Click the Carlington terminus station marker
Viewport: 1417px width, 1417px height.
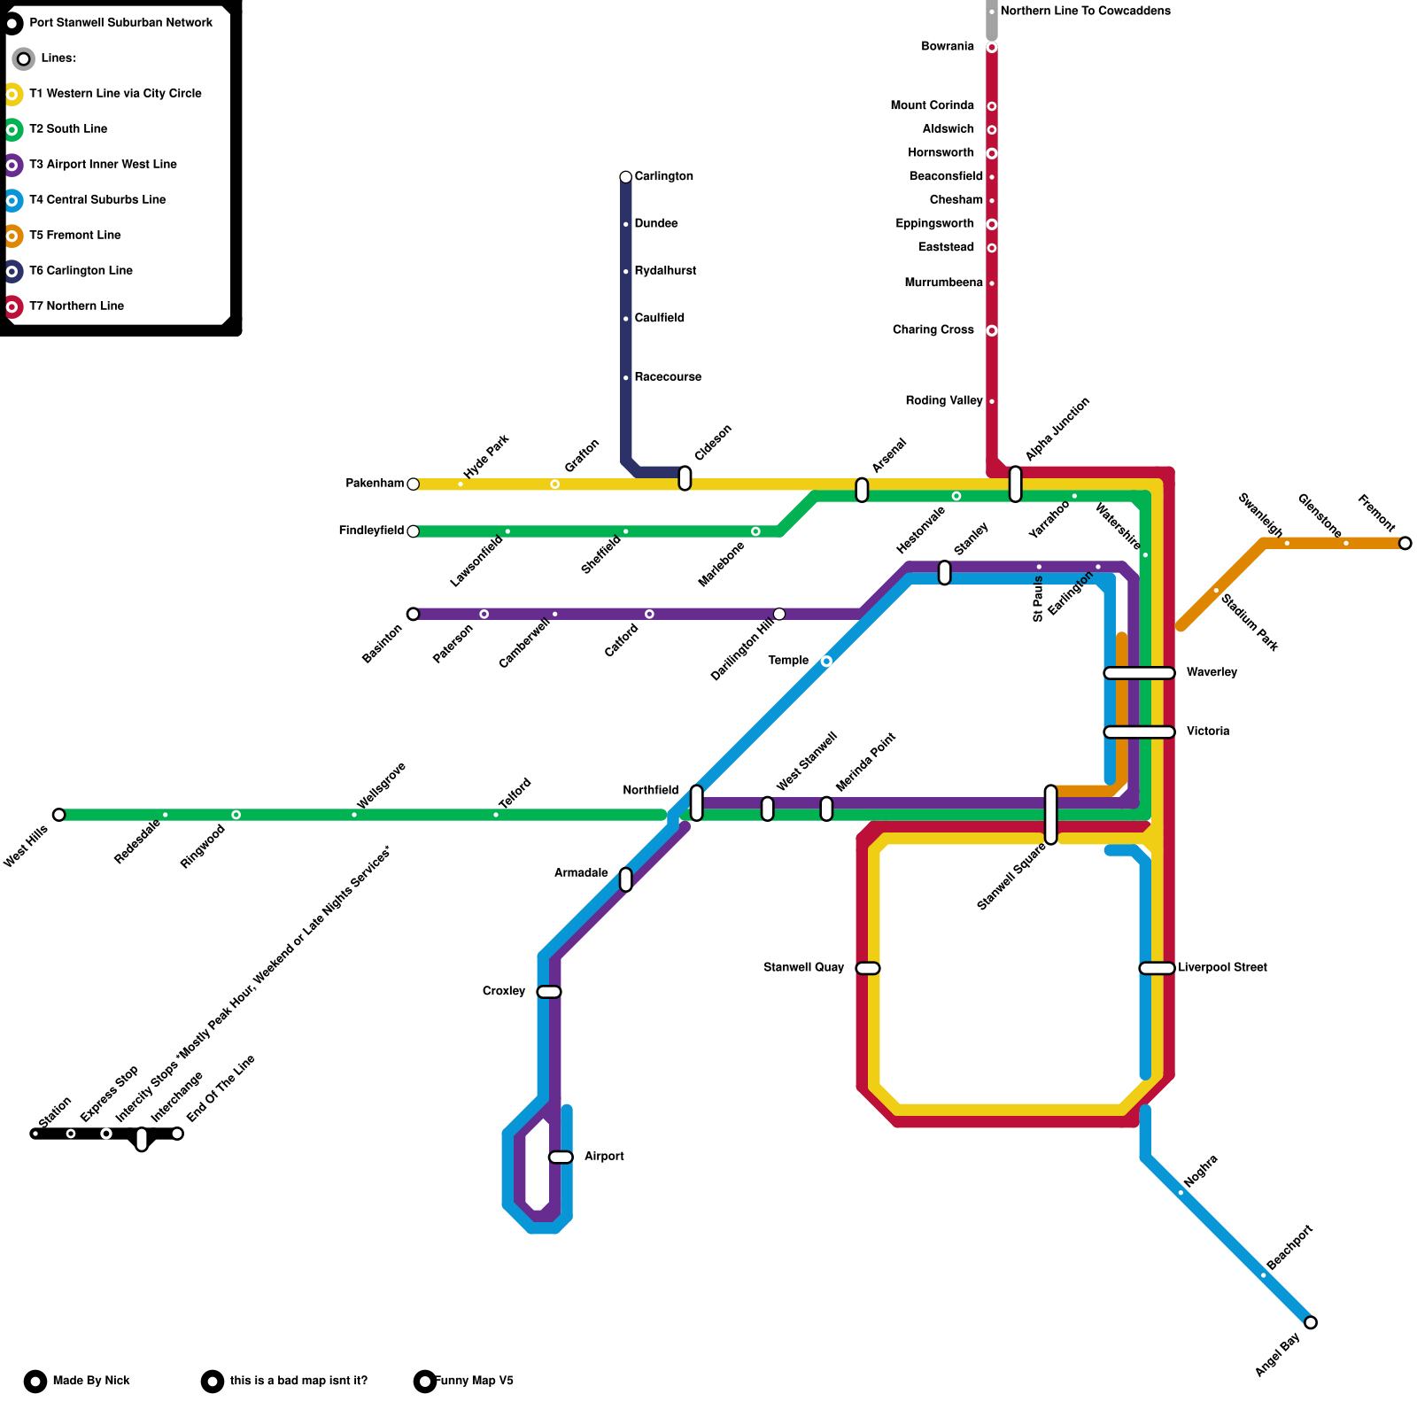point(626,177)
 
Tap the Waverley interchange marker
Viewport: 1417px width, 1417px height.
point(1139,673)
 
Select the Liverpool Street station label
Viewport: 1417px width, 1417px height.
point(1222,968)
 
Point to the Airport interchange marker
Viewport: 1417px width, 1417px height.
point(561,1157)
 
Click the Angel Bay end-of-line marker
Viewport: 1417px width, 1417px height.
point(1311,1323)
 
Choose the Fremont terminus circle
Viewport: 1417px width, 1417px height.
point(1405,544)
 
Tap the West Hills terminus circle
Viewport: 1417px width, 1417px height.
point(58,815)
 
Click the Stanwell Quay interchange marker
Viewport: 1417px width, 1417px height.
point(868,968)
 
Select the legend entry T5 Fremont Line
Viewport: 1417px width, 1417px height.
point(75,236)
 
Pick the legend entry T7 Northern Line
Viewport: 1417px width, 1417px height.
point(77,306)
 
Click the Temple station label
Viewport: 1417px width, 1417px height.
point(788,661)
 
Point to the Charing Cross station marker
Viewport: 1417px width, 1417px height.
point(992,330)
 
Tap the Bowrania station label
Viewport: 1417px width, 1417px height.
point(948,47)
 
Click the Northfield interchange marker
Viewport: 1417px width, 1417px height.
point(697,802)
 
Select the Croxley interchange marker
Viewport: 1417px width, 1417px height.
point(549,992)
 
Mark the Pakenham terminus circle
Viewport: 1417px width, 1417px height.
point(413,484)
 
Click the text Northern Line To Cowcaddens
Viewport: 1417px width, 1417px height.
point(1085,12)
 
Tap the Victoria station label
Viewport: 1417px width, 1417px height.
point(1208,732)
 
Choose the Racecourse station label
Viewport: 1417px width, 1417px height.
point(668,377)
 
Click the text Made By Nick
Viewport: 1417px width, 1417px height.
point(91,1381)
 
